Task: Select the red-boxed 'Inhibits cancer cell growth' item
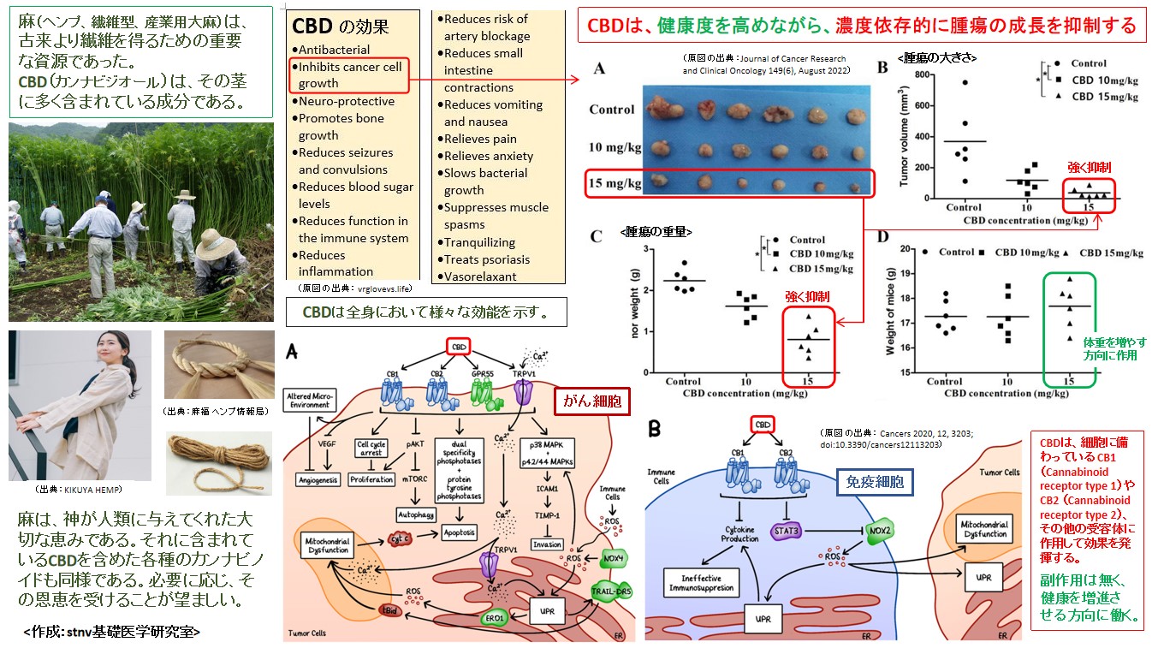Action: (x=349, y=75)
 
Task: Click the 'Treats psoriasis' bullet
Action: (x=486, y=259)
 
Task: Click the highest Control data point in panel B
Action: (x=964, y=82)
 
